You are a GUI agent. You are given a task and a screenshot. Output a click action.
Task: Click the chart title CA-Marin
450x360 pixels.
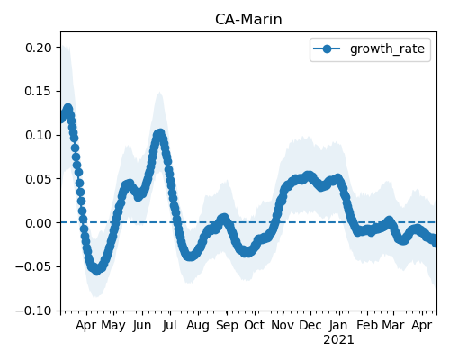[248, 20]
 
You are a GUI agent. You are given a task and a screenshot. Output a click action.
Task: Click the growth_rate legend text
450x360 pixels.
[387, 49]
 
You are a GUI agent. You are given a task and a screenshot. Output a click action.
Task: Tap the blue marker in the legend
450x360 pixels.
[327, 49]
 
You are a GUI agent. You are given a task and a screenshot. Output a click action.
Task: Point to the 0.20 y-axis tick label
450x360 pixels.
[39, 48]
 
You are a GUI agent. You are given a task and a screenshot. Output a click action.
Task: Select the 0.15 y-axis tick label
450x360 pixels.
[39, 91]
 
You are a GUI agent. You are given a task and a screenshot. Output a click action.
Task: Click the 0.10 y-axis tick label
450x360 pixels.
[39, 135]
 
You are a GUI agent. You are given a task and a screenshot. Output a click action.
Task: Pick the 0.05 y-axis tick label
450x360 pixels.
[39, 179]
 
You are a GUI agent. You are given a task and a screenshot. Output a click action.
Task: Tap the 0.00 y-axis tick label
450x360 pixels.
[39, 223]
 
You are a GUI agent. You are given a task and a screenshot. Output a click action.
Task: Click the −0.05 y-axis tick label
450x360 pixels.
[33, 267]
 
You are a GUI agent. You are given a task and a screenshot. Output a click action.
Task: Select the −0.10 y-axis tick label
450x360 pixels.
[33, 310]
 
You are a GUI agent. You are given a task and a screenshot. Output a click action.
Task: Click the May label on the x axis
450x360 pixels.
[113, 326]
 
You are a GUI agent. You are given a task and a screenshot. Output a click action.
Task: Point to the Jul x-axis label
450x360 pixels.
[170, 325]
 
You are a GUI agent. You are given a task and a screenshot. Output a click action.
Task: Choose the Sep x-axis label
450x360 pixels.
[227, 326]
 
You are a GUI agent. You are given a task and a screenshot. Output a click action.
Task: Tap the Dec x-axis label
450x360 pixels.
[310, 325]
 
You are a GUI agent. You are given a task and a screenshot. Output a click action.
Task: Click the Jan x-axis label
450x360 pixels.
[338, 325]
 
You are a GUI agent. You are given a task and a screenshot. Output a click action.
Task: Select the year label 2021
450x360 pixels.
[338, 340]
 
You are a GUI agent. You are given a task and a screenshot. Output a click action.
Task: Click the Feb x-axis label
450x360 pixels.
[367, 325]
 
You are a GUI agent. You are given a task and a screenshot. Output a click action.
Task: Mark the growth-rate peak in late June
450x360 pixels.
[160, 134]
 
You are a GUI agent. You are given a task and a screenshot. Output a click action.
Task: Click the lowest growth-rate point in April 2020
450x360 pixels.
[96, 270]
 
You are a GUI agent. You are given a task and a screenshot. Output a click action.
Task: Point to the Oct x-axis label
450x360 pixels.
[255, 325]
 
